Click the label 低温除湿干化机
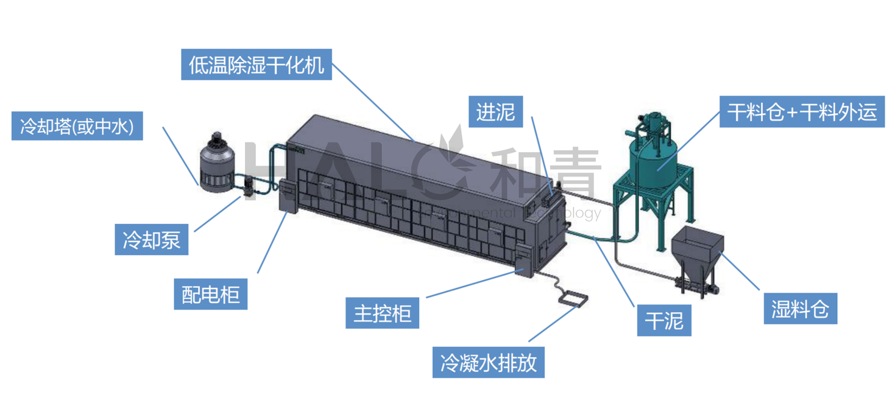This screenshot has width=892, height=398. pyautogui.click(x=257, y=65)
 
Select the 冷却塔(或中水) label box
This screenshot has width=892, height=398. pyautogui.click(x=77, y=127)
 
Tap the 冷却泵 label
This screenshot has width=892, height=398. pyautogui.click(x=152, y=240)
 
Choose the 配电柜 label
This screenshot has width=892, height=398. pyautogui.click(x=211, y=295)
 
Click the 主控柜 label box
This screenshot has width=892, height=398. pyautogui.click(x=382, y=313)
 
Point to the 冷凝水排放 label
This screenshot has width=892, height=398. pyautogui.click(x=489, y=363)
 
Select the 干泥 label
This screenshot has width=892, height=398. pyautogui.click(x=665, y=320)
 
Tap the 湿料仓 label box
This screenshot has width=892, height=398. pyautogui.click(x=800, y=309)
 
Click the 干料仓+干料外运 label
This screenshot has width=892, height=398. pyautogui.click(x=802, y=112)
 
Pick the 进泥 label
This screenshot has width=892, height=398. pyautogui.click(x=495, y=112)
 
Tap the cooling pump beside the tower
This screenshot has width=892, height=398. pyautogui.click(x=249, y=186)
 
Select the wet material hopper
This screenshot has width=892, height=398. pyautogui.click(x=696, y=246)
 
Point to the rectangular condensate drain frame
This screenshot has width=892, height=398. pyautogui.click(x=574, y=299)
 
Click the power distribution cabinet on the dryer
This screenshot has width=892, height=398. pyautogui.click(x=288, y=195)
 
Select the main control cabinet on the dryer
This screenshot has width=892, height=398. pyautogui.click(x=523, y=260)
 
